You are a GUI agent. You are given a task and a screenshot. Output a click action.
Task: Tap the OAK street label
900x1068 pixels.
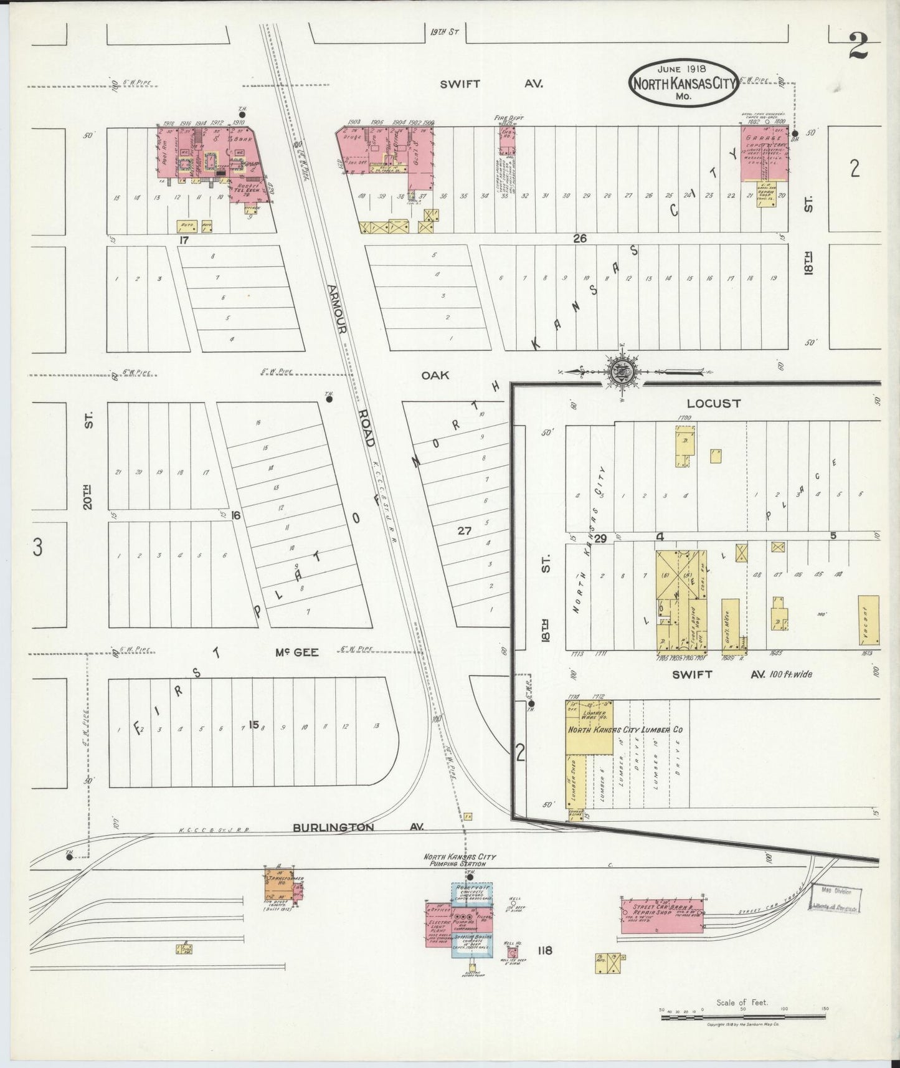[430, 375]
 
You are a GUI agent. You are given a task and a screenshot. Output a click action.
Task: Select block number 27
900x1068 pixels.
[464, 531]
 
